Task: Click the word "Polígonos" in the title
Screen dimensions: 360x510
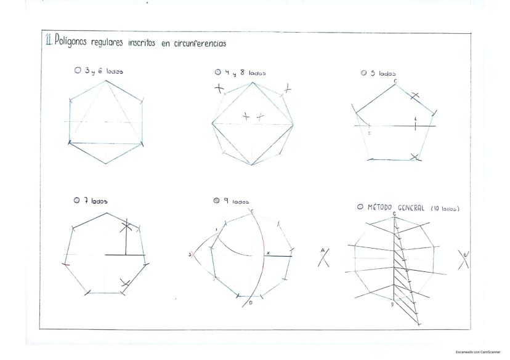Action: coord(72,41)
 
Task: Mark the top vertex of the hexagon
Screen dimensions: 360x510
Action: coord(106,79)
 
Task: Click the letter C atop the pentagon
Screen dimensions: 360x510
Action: coord(395,81)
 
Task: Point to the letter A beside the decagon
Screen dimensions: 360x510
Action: coord(323,250)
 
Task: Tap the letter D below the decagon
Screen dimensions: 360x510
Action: coord(392,303)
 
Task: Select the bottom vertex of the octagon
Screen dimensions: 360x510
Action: coord(251,164)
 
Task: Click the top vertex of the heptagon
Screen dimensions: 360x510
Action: coord(105,212)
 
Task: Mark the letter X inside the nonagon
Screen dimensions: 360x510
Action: coord(268,253)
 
